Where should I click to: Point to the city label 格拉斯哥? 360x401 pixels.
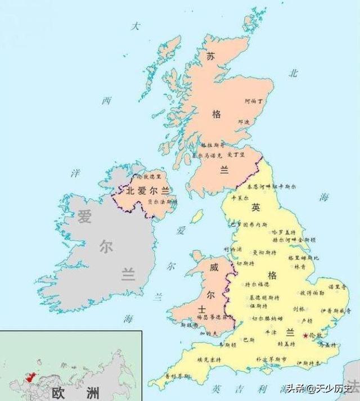[209, 145]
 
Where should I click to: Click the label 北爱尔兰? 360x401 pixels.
[147, 191]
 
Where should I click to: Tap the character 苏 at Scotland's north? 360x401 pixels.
[210, 56]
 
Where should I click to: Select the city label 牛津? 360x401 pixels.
[271, 332]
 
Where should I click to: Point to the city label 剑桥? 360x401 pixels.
[299, 309]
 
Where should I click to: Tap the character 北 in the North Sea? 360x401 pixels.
[293, 73]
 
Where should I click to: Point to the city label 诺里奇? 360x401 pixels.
[336, 287]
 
